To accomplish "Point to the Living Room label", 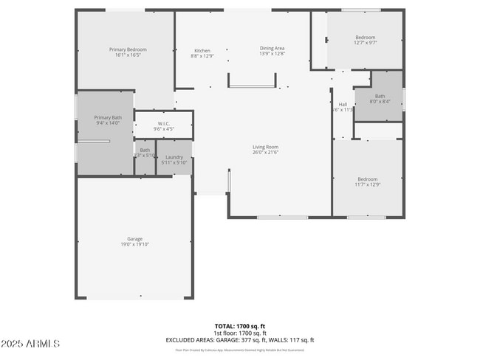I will (x=266, y=147).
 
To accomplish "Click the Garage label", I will (x=134, y=238).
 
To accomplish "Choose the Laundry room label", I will (x=174, y=157).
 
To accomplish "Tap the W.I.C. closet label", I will (x=164, y=124).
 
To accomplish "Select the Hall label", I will (x=343, y=105).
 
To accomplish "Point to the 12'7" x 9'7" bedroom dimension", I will (x=366, y=44).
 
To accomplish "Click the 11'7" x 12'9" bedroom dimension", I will (x=368, y=184).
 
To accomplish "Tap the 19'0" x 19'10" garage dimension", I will (x=134, y=244).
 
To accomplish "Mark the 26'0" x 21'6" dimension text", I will (x=266, y=153).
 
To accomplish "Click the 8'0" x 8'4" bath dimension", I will (x=380, y=102).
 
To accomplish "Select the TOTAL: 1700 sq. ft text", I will (x=239, y=326).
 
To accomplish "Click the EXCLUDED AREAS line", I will (x=239, y=339).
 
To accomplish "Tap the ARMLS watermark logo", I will (x=31, y=345).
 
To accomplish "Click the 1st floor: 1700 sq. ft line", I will (x=239, y=333).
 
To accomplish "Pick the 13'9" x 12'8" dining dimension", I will (x=272, y=54).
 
